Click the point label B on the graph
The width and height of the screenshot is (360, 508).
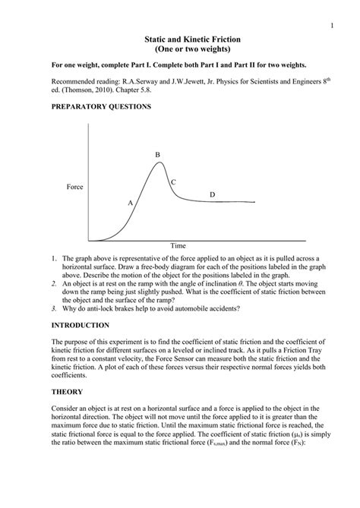pyautogui.click(x=158, y=155)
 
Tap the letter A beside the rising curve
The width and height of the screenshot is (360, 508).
pyautogui.click(x=131, y=203)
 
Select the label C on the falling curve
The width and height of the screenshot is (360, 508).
pyautogui.click(x=173, y=182)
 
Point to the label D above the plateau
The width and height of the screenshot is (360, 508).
pyautogui.click(x=212, y=195)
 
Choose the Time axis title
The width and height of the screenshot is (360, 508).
pyautogui.click(x=178, y=246)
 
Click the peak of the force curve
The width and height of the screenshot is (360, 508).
pyautogui.click(x=159, y=163)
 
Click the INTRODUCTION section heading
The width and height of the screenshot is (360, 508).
pyautogui.click(x=84, y=324)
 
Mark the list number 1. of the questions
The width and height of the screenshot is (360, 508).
pyautogui.click(x=54, y=258)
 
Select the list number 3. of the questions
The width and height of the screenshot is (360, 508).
pyautogui.click(x=54, y=308)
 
